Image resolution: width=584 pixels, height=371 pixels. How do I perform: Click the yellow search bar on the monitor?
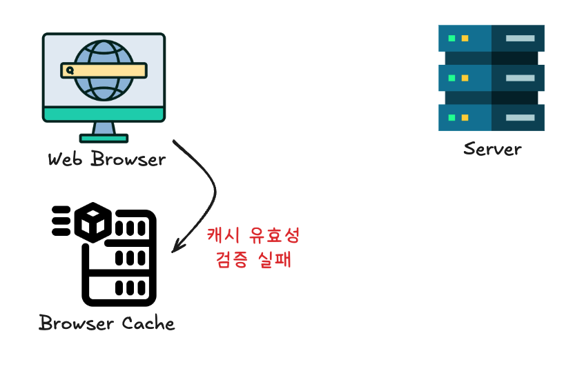(x=104, y=70)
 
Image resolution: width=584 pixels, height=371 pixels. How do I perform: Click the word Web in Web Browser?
(x=66, y=159)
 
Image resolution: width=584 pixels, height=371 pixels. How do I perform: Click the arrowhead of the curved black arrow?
(x=176, y=246)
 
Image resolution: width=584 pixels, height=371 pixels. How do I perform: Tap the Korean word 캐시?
(x=224, y=236)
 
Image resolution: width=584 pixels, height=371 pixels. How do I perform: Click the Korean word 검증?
(x=233, y=261)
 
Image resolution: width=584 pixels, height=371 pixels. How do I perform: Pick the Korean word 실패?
(x=276, y=261)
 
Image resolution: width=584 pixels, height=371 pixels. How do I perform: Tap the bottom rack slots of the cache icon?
(x=128, y=287)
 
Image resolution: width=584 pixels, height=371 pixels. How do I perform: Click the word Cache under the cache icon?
(x=148, y=323)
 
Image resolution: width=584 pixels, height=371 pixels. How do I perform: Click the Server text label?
(x=492, y=148)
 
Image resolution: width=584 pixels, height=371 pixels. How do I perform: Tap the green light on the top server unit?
(x=452, y=38)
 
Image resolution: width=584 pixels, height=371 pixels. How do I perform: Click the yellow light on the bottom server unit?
(x=465, y=117)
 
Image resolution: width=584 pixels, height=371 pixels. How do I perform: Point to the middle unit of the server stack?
(x=491, y=77)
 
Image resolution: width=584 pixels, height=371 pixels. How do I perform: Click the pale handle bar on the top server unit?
(x=520, y=38)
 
